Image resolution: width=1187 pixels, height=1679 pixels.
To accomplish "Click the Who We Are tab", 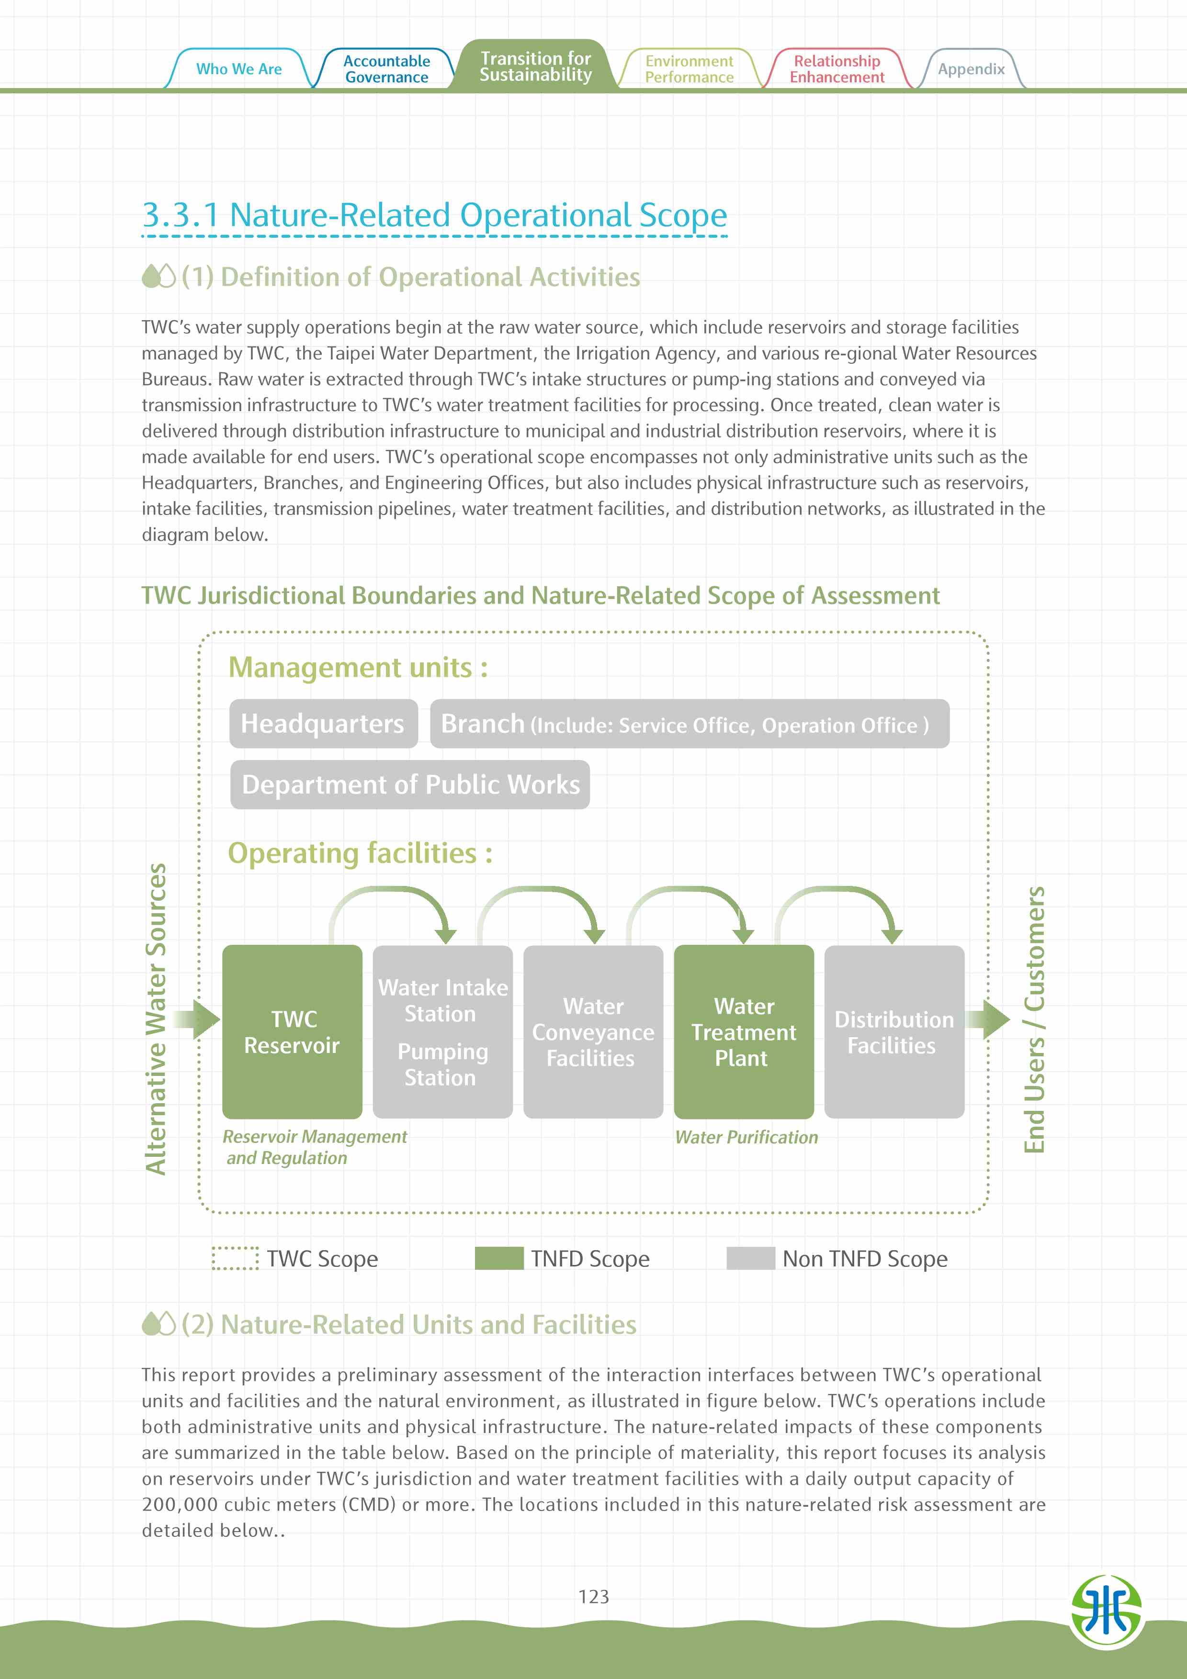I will pyautogui.click(x=238, y=69).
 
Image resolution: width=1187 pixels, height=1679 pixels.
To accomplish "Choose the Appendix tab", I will pyautogui.click(x=971, y=69).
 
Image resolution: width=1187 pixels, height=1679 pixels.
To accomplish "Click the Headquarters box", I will pyautogui.click(x=323, y=723).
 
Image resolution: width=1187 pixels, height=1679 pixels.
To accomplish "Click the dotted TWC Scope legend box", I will pyautogui.click(x=235, y=1258).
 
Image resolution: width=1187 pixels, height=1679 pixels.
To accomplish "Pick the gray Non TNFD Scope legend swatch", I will pyautogui.click(x=750, y=1258).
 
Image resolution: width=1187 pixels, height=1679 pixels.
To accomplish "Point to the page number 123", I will pyautogui.click(x=593, y=1596).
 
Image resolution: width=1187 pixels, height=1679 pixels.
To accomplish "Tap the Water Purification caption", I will pyautogui.click(x=746, y=1137).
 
